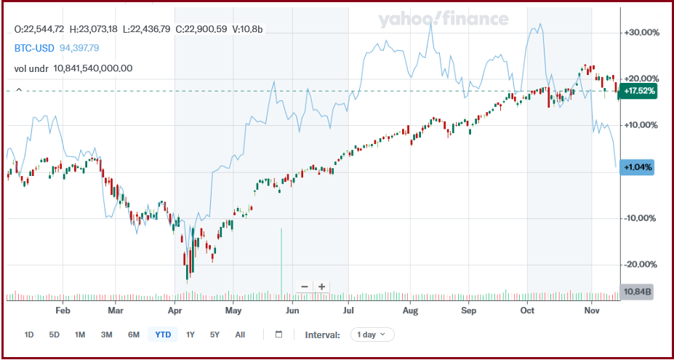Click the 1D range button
[x=29, y=335]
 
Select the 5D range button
[x=55, y=335]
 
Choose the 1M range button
[x=80, y=335]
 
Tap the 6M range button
[x=133, y=335]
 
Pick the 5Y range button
[x=214, y=335]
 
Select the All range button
[x=240, y=335]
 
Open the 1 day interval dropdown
[x=372, y=335]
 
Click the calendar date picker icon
[x=278, y=335]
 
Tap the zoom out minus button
[x=304, y=287]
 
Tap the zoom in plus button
[x=321, y=287]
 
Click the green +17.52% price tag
[x=640, y=92]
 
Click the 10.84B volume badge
[x=638, y=292]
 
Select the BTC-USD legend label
[x=34, y=48]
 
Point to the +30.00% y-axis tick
[x=641, y=33]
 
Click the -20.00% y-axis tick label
[x=641, y=265]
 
